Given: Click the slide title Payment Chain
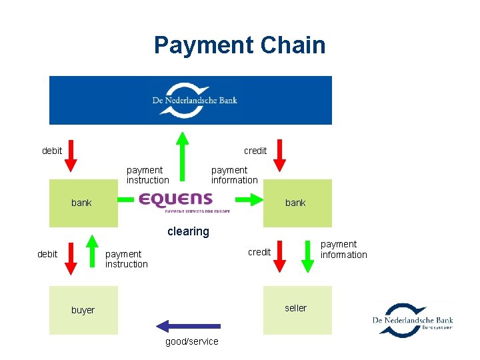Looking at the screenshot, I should tap(239, 45).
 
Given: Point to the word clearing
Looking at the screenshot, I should tap(188, 231).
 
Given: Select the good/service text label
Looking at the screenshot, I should tap(191, 341).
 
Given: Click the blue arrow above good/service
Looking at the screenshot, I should tap(188, 326).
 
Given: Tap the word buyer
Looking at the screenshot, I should tap(83, 310).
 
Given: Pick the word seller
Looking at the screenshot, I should tap(295, 307).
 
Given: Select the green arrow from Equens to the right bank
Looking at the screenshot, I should tap(248, 199).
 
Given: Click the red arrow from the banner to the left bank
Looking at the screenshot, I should tap(73, 155).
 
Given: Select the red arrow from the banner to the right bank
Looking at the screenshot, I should tap(280, 155).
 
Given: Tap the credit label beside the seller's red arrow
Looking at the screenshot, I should tap(259, 252).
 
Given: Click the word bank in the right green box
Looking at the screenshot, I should tap(295, 203).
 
